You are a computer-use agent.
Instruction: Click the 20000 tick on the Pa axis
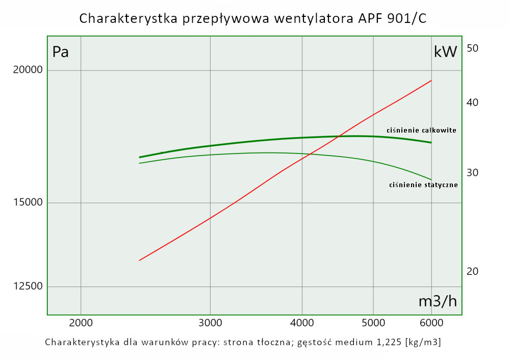29,70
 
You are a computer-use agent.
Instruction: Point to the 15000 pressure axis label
29,202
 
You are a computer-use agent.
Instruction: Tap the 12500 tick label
29,286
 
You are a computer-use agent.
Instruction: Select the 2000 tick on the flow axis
81,322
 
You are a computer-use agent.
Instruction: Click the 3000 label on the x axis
210,322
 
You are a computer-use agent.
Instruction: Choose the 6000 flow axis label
431,322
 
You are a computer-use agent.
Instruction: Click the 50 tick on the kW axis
472,48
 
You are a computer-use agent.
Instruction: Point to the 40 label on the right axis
472,102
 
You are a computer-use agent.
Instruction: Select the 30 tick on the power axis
472,172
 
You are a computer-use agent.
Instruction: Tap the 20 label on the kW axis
472,271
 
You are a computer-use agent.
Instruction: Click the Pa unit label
61,52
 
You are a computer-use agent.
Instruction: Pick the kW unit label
445,52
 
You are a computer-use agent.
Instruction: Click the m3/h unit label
438,301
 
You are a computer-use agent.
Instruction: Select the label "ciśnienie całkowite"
421,130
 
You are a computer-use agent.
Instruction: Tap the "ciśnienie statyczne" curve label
423,185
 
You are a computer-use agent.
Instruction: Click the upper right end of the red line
431,81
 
